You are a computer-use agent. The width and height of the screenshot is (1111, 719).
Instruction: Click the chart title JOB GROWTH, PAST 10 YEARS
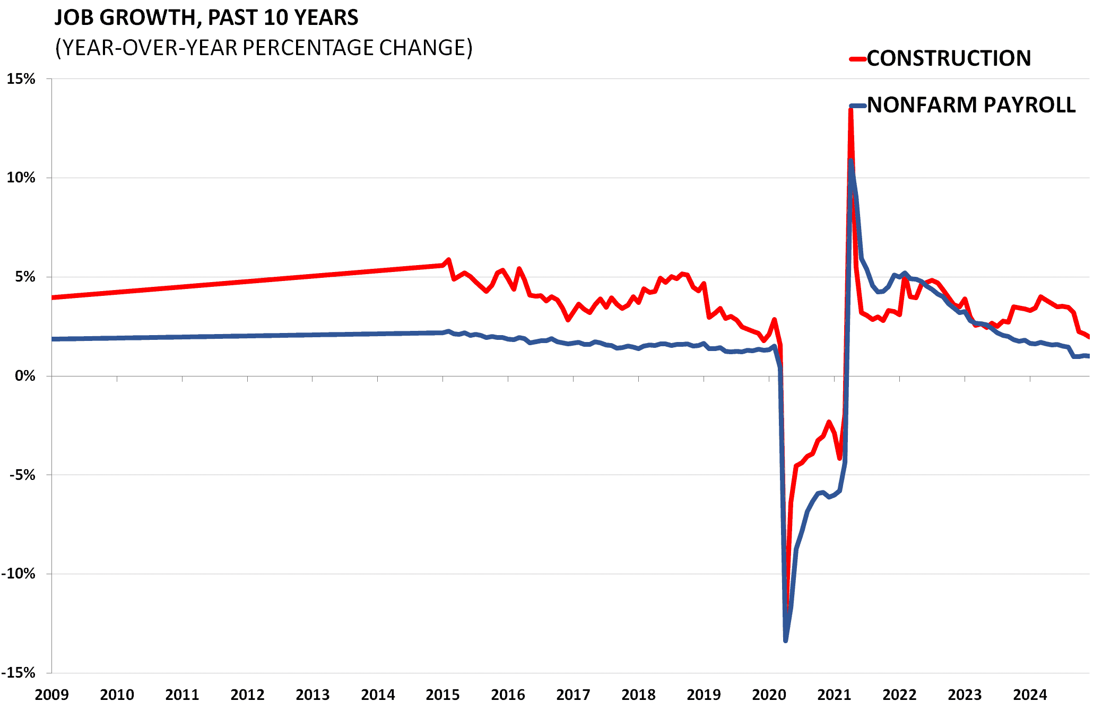(x=206, y=18)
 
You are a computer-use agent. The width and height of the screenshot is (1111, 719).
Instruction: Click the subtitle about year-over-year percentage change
(x=264, y=48)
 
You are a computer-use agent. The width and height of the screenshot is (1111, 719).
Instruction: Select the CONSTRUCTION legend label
(x=949, y=58)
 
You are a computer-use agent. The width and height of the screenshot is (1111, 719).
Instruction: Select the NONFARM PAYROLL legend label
(x=971, y=105)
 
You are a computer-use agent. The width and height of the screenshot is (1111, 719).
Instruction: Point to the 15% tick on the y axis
(x=21, y=79)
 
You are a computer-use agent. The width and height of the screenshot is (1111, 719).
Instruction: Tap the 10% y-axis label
(x=21, y=178)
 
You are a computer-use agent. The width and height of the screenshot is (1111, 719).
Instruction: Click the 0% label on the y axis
(x=25, y=376)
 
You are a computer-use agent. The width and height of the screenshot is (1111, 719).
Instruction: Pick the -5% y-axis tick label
(x=22, y=475)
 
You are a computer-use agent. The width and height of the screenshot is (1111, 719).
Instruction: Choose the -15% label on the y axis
(x=18, y=673)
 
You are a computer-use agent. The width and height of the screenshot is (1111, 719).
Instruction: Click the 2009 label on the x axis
(x=51, y=695)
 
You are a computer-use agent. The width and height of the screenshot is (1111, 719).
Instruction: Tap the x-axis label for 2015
(x=442, y=695)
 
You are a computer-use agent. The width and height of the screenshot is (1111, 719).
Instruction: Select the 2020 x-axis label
(x=769, y=695)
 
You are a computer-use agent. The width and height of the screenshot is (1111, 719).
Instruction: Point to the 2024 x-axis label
(x=1030, y=695)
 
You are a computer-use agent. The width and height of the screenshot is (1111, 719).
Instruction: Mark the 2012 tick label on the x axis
(x=247, y=695)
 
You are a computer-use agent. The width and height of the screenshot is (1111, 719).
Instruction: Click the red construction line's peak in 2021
(x=850, y=109)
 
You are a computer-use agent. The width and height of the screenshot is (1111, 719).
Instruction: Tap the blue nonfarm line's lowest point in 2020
(x=785, y=641)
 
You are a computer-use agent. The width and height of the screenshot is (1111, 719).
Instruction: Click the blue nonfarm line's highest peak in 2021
(x=850, y=160)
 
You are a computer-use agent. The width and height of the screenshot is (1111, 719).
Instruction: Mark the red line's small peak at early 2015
(x=449, y=260)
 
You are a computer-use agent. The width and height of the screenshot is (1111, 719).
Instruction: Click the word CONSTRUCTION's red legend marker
(x=858, y=59)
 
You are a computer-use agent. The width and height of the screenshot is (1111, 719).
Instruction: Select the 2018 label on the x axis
(x=638, y=695)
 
